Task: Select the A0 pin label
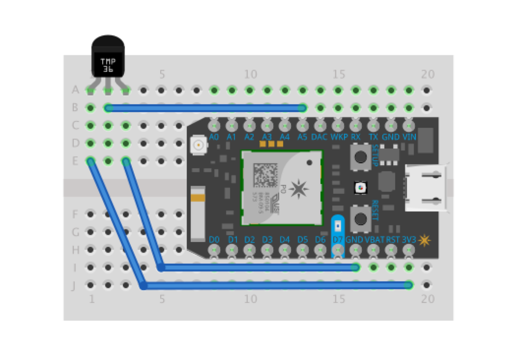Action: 214,137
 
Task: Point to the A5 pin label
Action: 302,137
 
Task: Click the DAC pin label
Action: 319,137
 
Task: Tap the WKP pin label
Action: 338,137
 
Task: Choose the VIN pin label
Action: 409,137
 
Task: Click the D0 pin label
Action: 214,240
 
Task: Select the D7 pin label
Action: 338,240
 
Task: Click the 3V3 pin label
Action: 409,240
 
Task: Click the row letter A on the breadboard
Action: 76,90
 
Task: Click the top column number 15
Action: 339,75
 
